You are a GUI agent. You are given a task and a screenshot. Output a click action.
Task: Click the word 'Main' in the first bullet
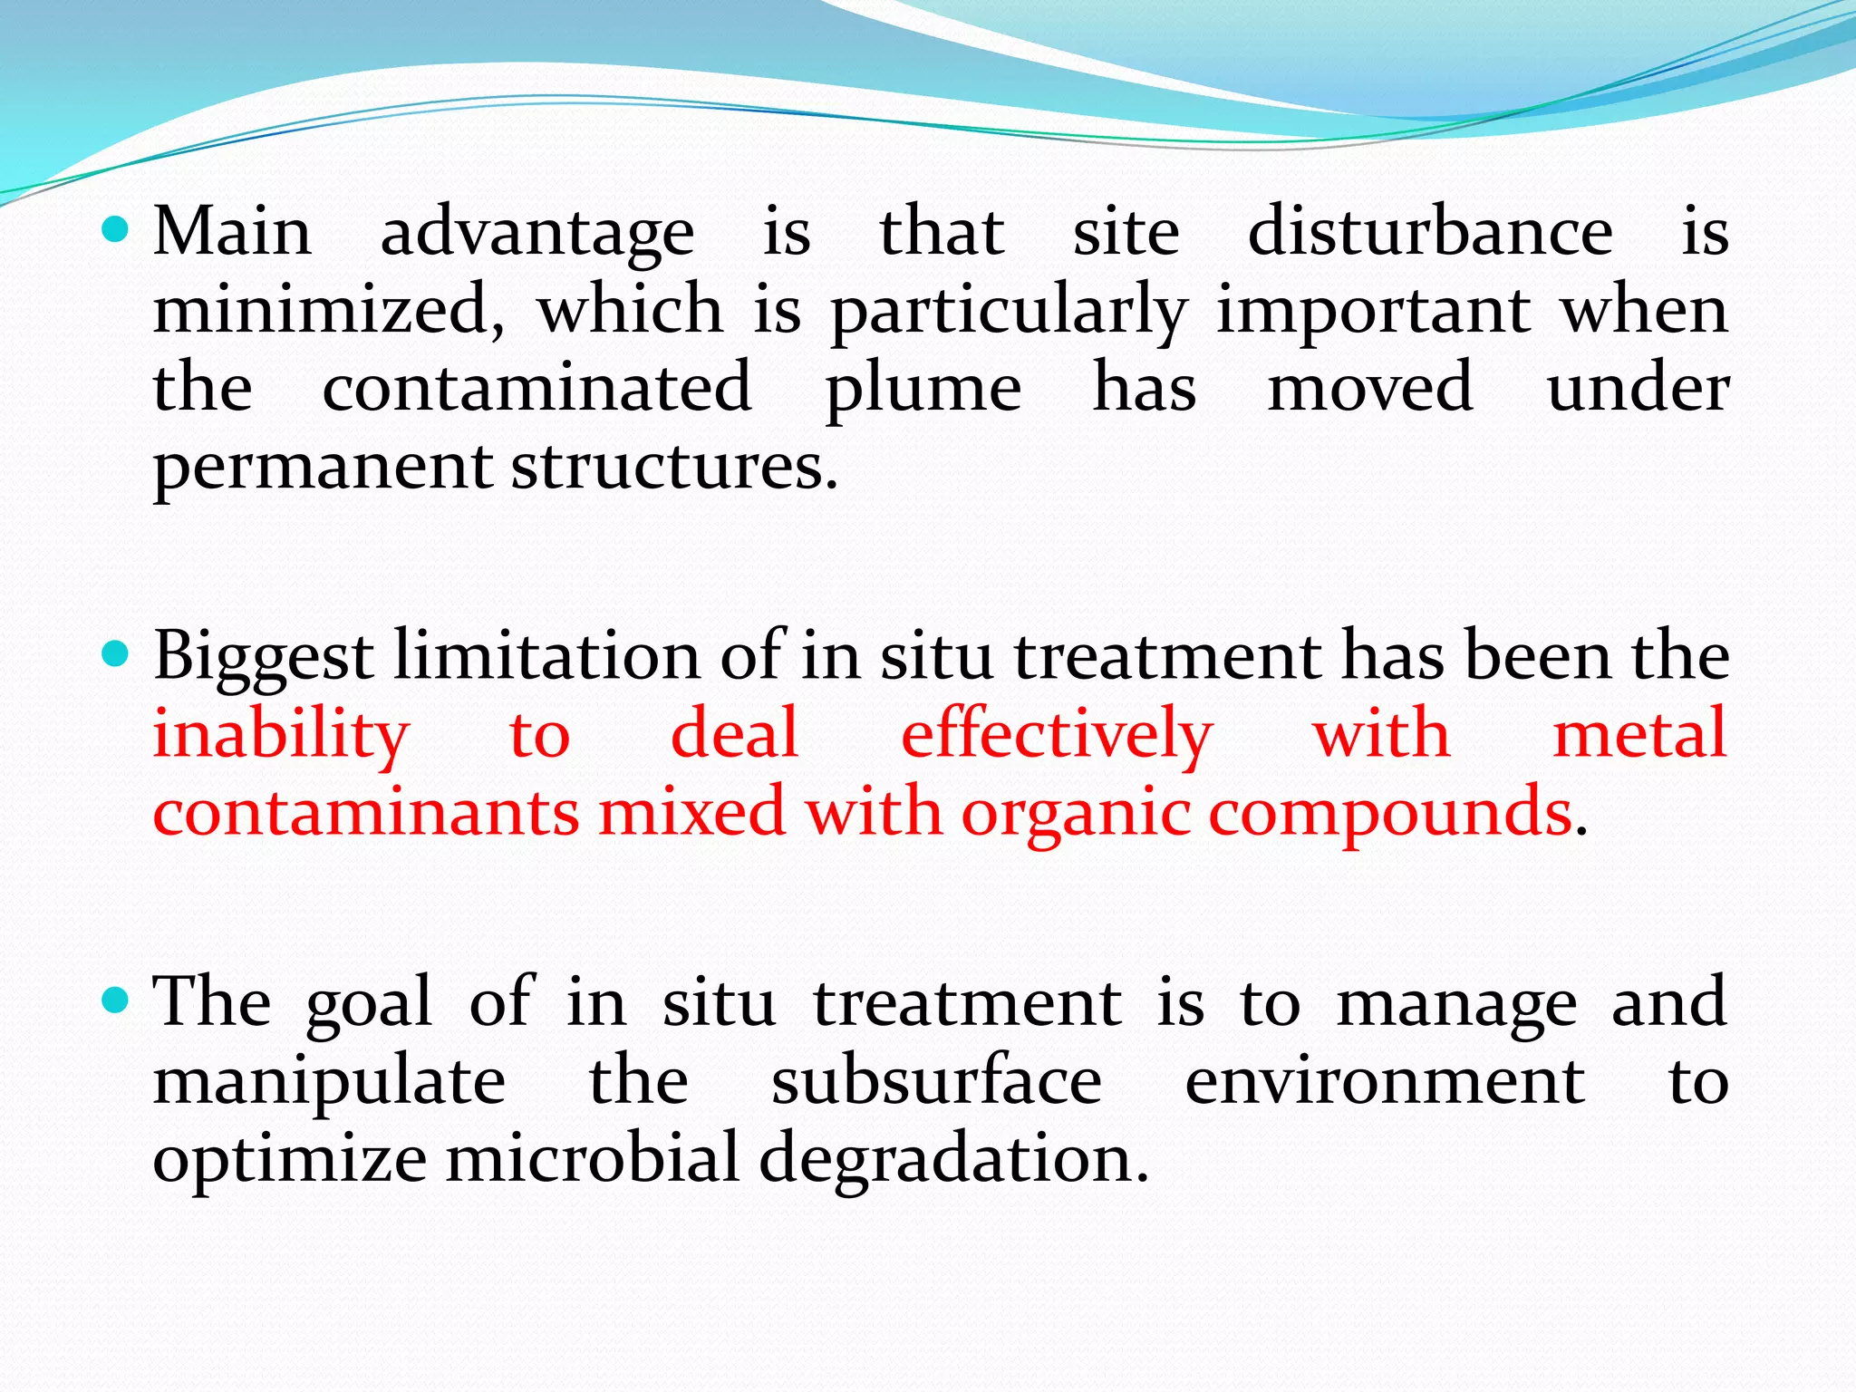coord(233,232)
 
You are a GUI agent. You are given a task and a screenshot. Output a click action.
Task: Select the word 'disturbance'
coord(1430,232)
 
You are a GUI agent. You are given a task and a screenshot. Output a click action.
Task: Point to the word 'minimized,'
coord(329,310)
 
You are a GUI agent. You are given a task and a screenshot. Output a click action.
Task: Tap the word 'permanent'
coord(322,469)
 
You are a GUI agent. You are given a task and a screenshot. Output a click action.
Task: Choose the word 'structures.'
coord(675,467)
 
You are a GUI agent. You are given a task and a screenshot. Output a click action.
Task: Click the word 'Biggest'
coord(264,656)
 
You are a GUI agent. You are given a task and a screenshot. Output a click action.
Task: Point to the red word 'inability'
coord(281,735)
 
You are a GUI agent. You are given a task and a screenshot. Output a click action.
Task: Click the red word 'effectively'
coord(1056,735)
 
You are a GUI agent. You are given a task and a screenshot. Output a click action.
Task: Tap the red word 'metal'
coord(1639,733)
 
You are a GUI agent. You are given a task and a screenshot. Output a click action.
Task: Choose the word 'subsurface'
coord(936,1081)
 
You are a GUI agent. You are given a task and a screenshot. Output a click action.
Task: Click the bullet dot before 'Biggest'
coord(116,652)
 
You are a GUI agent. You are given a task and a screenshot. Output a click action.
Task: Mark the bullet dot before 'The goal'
coord(116,1000)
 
